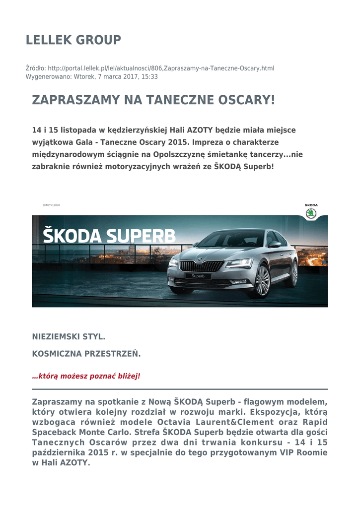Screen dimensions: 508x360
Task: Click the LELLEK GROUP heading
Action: tap(73, 40)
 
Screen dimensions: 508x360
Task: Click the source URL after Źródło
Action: tap(164, 68)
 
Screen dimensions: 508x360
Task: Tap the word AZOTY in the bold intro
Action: tap(200, 130)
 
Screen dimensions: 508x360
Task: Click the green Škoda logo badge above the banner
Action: tap(311, 213)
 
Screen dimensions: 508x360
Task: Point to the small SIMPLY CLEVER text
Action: tap(51, 205)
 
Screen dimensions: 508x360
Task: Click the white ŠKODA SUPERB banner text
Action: tap(109, 236)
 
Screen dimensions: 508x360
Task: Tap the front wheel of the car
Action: tap(261, 281)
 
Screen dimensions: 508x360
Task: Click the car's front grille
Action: tap(201, 266)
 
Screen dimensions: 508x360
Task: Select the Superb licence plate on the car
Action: tap(198, 276)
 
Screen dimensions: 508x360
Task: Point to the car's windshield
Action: tap(233, 240)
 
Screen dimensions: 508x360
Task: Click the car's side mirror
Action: tap(274, 244)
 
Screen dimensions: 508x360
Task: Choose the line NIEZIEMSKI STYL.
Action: tap(69, 337)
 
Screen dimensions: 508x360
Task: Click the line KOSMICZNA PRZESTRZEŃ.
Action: tap(86, 354)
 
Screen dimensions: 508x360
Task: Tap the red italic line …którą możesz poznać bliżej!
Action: tap(86, 376)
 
